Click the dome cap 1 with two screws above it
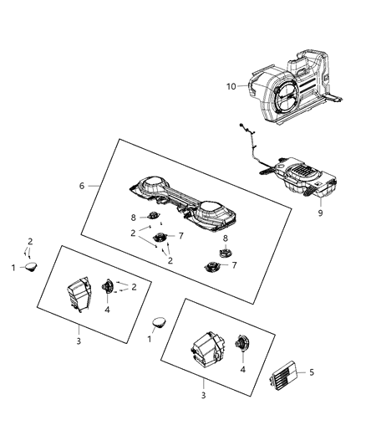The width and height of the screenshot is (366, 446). pyautogui.click(x=33, y=266)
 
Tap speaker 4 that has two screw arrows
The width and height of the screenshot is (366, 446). pyautogui.click(x=108, y=286)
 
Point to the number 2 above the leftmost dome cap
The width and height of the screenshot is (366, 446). pyautogui.click(x=31, y=240)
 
